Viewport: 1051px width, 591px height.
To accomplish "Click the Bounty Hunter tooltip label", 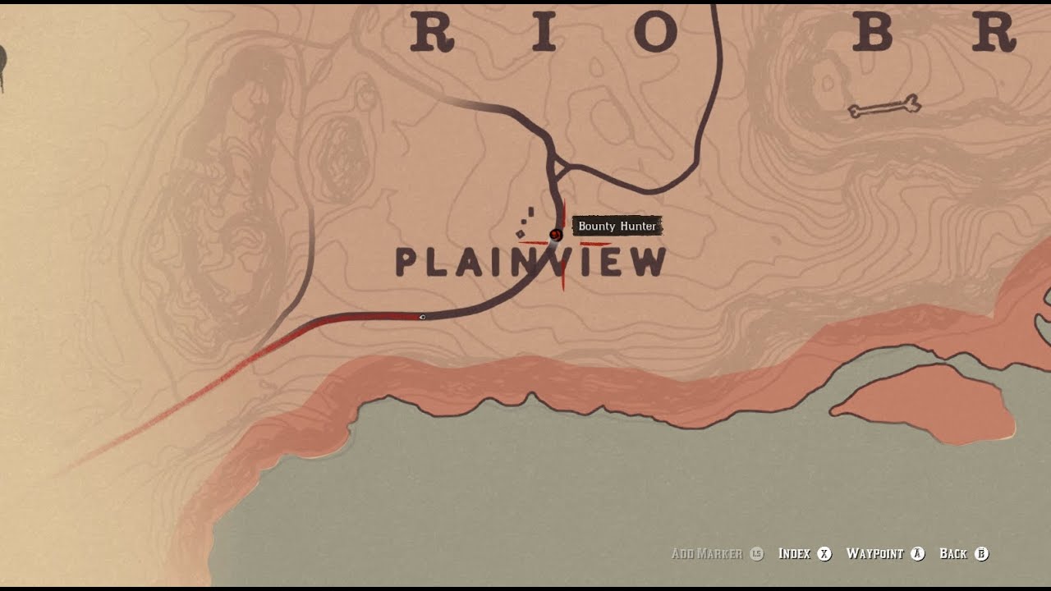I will [617, 227].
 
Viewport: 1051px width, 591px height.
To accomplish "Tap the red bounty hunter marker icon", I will [556, 235].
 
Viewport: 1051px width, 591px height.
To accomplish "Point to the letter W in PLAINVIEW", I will [646, 262].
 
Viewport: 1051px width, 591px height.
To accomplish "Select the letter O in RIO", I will [654, 33].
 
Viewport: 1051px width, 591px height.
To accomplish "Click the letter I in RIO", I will [544, 33].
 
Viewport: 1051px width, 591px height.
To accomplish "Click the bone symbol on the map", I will [884, 106].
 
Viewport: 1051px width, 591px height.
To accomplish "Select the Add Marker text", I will [706, 554].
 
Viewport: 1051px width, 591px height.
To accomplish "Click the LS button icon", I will [757, 554].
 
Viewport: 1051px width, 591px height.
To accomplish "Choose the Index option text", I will [794, 554].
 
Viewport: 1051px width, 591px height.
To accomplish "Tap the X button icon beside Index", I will [824, 554].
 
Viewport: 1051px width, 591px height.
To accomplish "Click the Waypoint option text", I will [874, 554].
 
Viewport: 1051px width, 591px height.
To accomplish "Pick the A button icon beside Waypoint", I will [918, 554].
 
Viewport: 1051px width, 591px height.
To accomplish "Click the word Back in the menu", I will [953, 554].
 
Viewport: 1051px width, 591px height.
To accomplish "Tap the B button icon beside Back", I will [981, 554].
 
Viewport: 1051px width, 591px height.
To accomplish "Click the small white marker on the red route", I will [422, 317].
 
